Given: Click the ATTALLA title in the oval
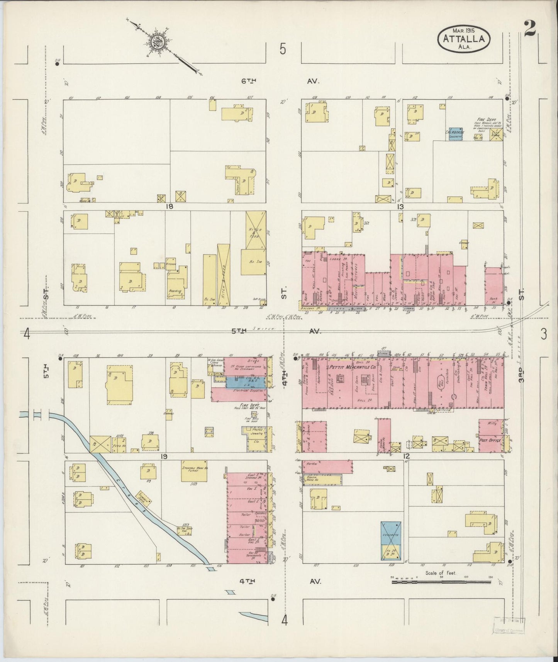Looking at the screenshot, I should (x=464, y=39).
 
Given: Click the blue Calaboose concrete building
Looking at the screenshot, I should (x=456, y=134).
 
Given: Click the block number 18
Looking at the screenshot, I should (x=169, y=207).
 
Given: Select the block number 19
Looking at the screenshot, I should (x=164, y=457).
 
